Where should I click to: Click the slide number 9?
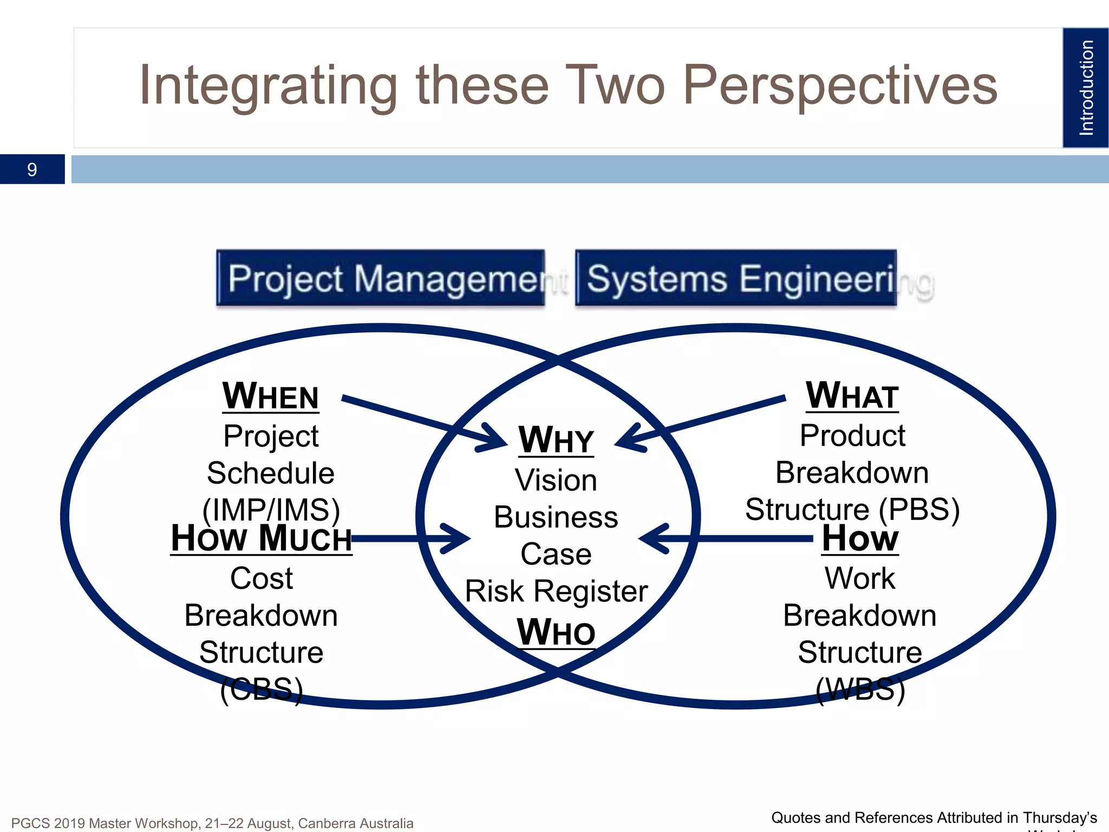point(32,170)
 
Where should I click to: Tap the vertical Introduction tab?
point(1085,88)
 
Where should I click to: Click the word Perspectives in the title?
point(840,86)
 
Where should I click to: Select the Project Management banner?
point(381,278)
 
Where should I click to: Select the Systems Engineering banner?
point(736,278)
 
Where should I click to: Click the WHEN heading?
point(271,396)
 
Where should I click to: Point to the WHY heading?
point(556,440)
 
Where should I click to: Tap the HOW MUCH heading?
point(261,538)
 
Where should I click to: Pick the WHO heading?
point(556,632)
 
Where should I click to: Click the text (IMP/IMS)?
point(271,510)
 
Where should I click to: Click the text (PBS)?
point(918,509)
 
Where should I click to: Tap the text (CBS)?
point(261,689)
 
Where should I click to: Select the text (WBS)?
point(860,689)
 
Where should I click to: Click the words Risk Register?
point(556,591)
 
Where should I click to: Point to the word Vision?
point(556,480)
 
